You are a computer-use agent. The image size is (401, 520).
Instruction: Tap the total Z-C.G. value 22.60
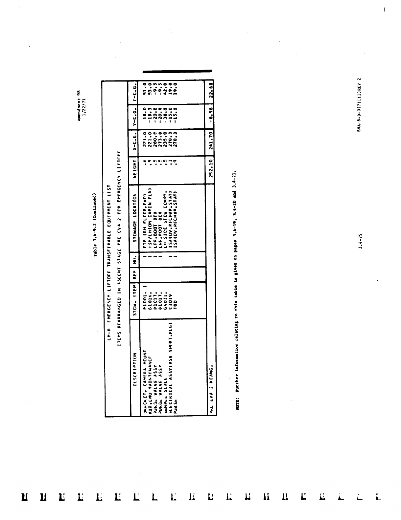[211, 92]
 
